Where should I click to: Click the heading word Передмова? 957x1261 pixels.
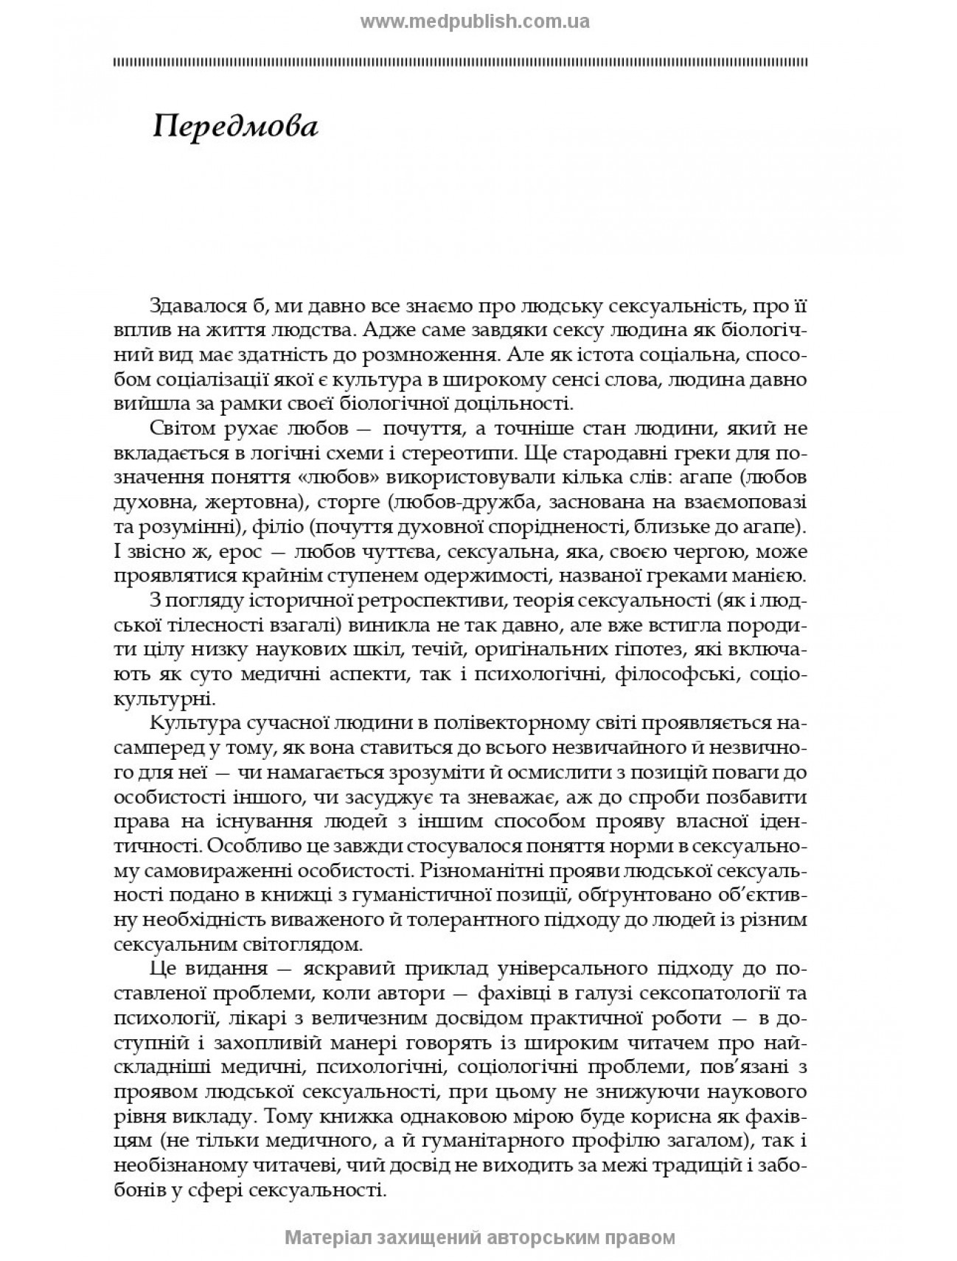coord(235,128)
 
